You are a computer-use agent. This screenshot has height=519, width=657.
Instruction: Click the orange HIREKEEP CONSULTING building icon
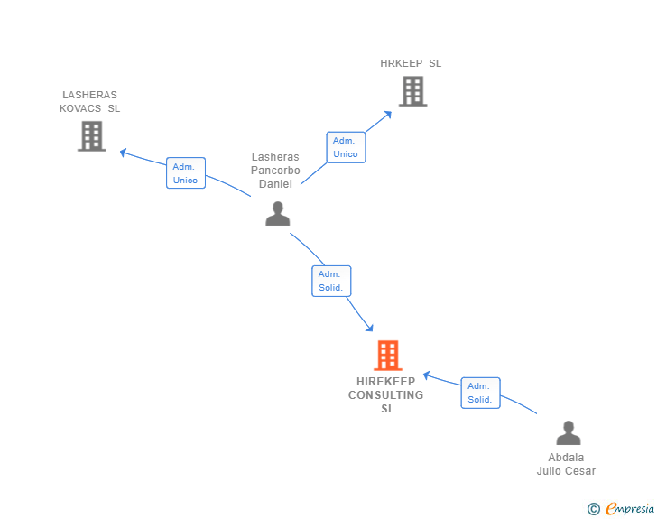click(387, 356)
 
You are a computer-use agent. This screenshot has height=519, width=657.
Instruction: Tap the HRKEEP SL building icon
click(412, 91)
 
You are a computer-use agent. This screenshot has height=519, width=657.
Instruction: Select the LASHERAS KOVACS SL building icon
click(91, 135)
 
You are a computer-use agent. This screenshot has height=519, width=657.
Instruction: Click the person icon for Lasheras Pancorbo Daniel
click(278, 213)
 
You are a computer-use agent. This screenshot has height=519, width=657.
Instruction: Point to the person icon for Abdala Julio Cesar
click(568, 433)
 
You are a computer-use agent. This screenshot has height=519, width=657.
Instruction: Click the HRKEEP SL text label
click(411, 63)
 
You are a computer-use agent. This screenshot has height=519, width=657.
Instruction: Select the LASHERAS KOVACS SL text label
click(89, 101)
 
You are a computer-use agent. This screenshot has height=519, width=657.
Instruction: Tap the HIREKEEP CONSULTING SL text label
click(386, 395)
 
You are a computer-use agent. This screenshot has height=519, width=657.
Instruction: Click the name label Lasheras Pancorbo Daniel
click(275, 170)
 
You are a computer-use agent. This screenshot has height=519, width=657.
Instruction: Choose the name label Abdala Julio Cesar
click(566, 464)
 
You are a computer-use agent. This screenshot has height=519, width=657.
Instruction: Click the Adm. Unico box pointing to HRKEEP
click(345, 147)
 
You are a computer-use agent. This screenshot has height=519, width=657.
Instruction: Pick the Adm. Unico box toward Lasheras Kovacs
click(185, 173)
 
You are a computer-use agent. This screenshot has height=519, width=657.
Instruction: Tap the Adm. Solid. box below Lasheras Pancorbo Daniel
click(330, 281)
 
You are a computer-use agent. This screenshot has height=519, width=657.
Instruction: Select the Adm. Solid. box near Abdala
click(479, 393)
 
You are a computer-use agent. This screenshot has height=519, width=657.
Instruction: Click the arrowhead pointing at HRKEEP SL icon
click(388, 114)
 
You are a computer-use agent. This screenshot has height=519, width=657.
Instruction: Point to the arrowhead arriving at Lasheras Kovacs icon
click(124, 152)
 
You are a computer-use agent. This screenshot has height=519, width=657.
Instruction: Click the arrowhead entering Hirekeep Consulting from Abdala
click(428, 375)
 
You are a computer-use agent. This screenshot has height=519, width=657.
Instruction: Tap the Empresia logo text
click(630, 509)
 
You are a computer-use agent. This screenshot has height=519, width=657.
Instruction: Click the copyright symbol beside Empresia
click(593, 509)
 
